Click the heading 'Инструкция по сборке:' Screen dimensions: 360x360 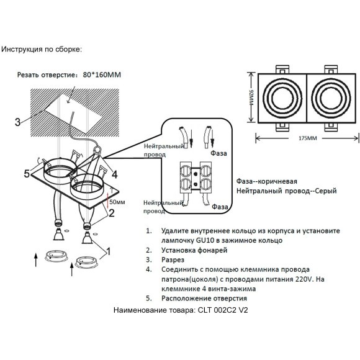pyautogui.click(x=42, y=48)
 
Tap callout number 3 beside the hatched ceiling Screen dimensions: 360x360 pyautogui.click(x=18, y=121)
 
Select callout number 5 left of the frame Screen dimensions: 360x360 pyautogui.click(x=26, y=173)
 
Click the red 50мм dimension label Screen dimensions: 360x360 pyautogui.click(x=117, y=202)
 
